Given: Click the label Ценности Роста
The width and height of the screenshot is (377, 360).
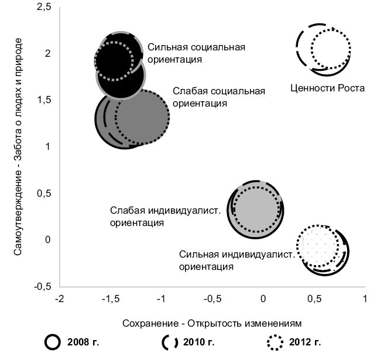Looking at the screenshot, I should point(327,88).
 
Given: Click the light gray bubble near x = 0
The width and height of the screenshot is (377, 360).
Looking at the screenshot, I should point(255,209).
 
